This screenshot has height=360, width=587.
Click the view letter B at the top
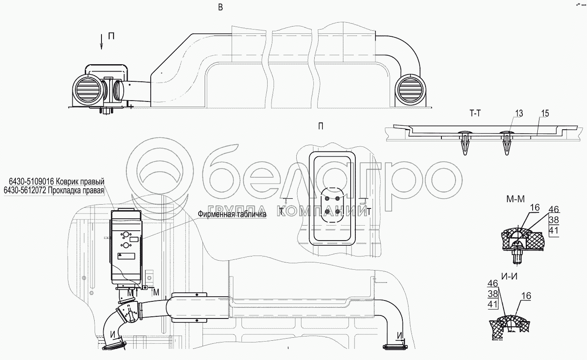coord(220,7)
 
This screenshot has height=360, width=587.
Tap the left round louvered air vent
coord(88,91)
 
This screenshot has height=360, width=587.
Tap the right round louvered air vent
coord(410,91)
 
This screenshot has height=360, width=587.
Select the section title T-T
coord(475,113)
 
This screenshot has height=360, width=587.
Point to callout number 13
coord(519,113)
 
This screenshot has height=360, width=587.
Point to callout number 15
coord(545,113)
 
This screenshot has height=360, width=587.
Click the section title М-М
coord(515,199)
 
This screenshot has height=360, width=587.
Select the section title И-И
coord(509,277)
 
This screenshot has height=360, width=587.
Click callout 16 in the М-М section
coord(535,208)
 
